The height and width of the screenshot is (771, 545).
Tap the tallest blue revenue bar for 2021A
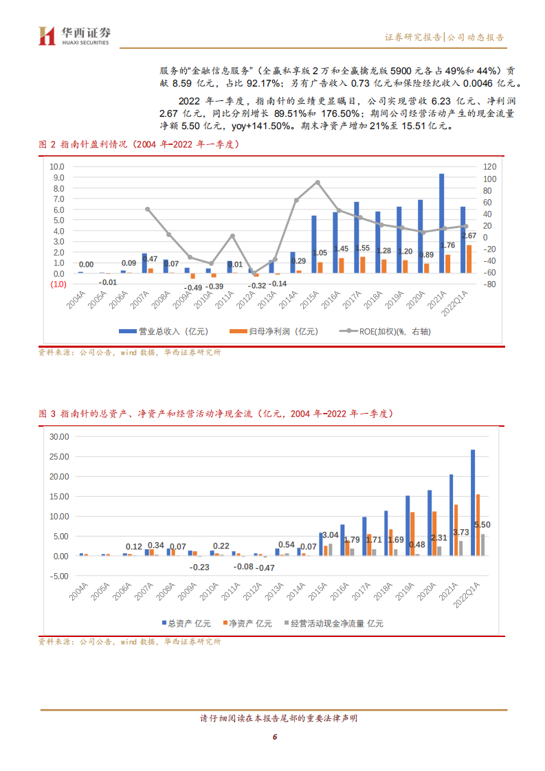[441, 223]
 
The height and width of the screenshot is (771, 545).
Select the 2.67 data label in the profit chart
[469, 236]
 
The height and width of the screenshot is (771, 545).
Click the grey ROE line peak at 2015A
[317, 182]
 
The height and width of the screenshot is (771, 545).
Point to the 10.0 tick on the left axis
[56, 167]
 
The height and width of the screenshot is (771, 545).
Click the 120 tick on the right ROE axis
[489, 167]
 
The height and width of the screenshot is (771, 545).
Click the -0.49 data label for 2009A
[193, 287]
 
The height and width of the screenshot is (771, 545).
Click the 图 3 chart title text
[214, 414]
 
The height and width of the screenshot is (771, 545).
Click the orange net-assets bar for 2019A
[412, 533]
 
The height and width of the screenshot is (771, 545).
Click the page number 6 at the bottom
[274, 737]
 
